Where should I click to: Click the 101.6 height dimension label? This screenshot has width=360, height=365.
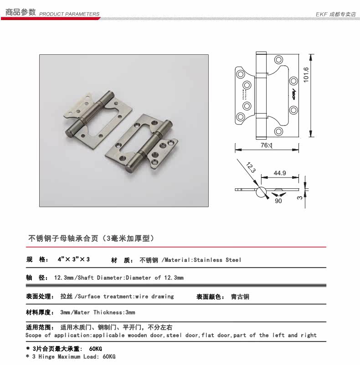[306, 75]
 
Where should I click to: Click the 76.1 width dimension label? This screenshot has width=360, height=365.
[266, 145]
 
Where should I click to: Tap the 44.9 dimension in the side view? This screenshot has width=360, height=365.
[280, 173]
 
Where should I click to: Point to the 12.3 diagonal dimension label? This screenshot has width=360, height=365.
[251, 167]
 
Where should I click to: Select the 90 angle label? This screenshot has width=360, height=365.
[278, 201]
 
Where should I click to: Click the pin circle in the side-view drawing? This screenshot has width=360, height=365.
[261, 192]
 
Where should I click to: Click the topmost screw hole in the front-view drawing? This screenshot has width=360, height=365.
[278, 60]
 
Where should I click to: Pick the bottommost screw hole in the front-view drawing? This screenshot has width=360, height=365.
[278, 131]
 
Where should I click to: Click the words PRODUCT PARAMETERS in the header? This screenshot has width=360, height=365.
[69, 14]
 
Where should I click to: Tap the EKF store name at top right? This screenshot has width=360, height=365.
[335, 14]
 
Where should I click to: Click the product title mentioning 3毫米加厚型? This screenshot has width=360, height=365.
[91, 238]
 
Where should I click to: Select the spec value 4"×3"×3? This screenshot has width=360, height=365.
[74, 259]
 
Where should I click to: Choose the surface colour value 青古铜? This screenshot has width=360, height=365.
[240, 297]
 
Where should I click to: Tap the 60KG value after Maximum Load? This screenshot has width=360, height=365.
[109, 356]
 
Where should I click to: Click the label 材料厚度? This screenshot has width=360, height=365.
[38, 312]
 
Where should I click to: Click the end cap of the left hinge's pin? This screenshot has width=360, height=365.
[69, 134]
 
